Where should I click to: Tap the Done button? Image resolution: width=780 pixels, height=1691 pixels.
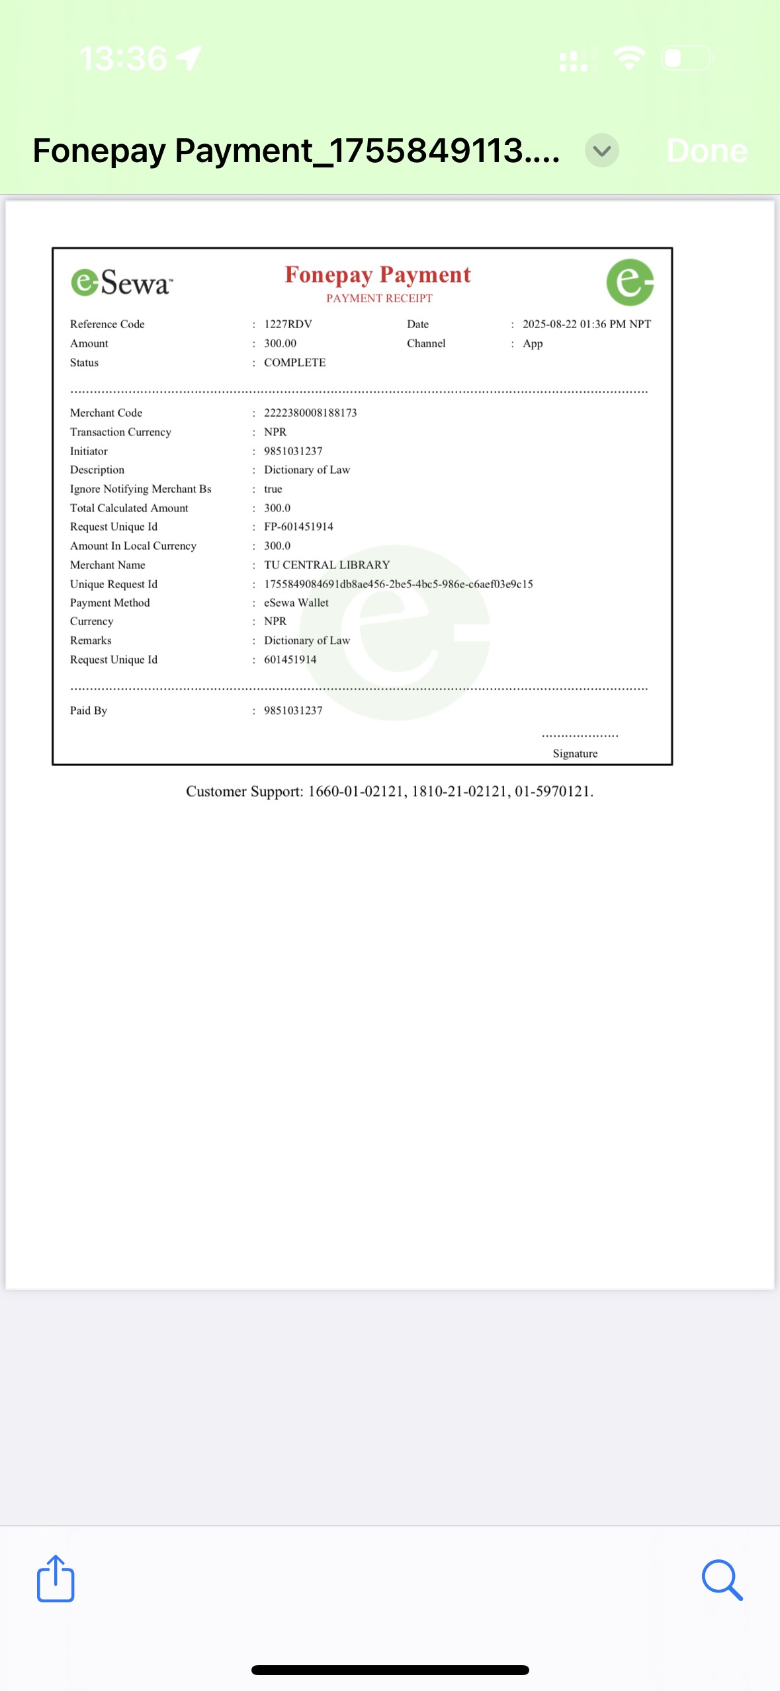(x=707, y=151)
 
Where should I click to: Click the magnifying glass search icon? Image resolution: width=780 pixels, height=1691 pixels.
(x=722, y=1580)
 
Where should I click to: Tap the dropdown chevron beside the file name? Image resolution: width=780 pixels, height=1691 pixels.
(x=601, y=151)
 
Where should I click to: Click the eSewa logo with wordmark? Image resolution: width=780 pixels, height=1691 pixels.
(x=122, y=282)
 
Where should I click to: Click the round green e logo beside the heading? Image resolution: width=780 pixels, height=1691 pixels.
(x=630, y=282)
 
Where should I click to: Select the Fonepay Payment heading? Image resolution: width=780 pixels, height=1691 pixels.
(x=378, y=275)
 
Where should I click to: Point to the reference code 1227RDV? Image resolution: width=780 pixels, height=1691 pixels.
(x=288, y=324)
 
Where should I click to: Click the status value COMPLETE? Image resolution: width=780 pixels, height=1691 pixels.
(x=294, y=363)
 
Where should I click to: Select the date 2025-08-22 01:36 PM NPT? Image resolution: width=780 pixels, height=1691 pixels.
(x=586, y=324)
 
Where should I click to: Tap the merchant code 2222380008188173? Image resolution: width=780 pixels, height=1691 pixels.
(x=310, y=413)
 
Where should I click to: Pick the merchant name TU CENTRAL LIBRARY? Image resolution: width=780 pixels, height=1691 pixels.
(x=327, y=565)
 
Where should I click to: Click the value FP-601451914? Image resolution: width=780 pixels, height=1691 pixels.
(x=298, y=527)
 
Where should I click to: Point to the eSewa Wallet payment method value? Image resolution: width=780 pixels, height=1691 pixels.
(x=296, y=603)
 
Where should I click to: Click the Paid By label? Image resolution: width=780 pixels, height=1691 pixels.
(x=89, y=711)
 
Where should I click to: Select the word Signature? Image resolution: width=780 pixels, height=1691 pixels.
(x=575, y=754)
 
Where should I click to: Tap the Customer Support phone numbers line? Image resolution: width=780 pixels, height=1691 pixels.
(x=390, y=791)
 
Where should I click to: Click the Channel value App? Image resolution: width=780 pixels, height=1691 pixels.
(x=533, y=343)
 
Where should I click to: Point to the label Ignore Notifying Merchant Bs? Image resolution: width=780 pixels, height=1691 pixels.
(x=141, y=489)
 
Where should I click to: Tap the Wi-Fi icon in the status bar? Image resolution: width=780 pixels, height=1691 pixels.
(x=629, y=58)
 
